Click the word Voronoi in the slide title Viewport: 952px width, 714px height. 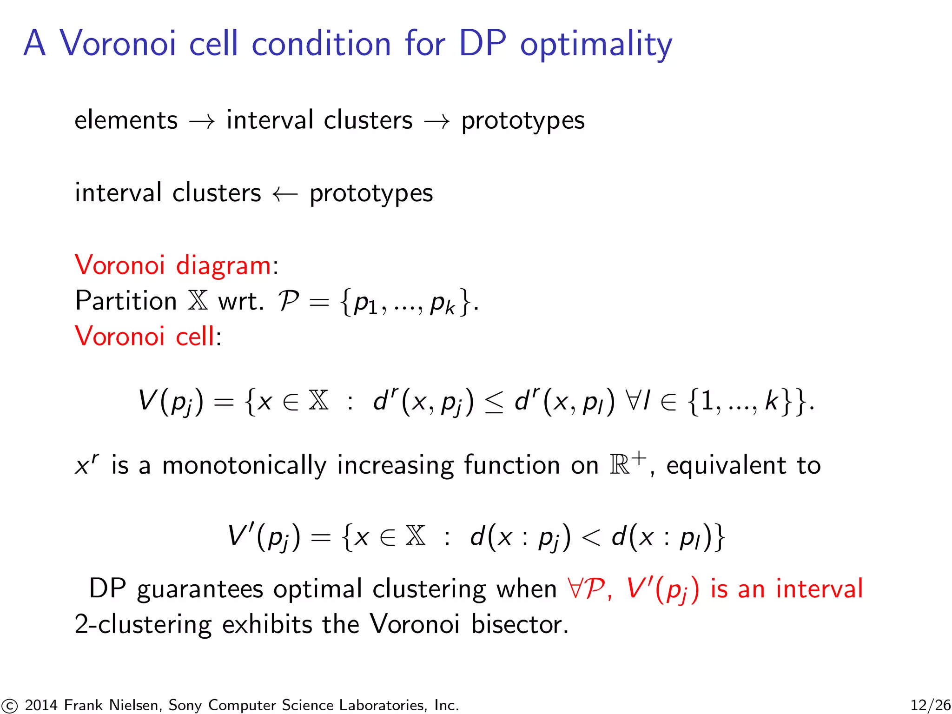[x=118, y=43]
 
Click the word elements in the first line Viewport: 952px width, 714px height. [x=126, y=120]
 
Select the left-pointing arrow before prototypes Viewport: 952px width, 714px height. [x=285, y=194]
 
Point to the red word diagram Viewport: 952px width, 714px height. [x=223, y=266]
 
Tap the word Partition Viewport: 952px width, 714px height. [x=126, y=301]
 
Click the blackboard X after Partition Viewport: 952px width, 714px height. [x=198, y=301]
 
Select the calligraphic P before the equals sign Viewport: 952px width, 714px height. [x=288, y=301]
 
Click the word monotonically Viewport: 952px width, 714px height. [x=244, y=466]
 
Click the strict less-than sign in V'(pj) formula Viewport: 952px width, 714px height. [x=591, y=538]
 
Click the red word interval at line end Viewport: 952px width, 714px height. [x=819, y=588]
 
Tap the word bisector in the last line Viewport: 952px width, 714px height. [x=519, y=624]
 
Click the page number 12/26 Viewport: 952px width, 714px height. [x=930, y=705]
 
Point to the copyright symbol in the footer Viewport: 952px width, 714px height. [x=9, y=706]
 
